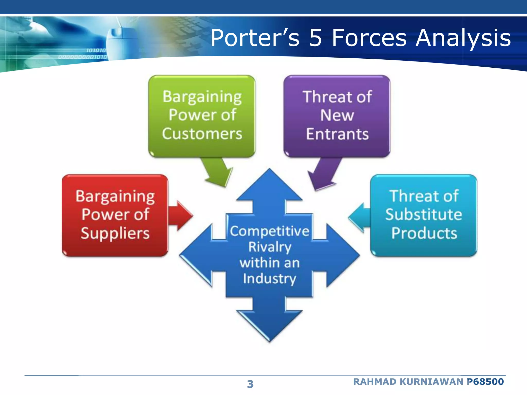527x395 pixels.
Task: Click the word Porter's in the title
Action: tap(255, 38)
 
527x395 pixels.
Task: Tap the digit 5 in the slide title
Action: tap(315, 38)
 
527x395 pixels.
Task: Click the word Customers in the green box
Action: tap(202, 134)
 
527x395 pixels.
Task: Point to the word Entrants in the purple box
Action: tap(337, 134)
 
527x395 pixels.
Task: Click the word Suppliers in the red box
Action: tap(115, 234)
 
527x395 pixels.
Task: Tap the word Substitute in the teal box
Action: tap(424, 214)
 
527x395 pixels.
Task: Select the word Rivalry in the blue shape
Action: tap(270, 247)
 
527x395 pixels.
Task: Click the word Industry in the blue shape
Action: tap(270, 279)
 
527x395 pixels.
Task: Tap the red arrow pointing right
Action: tap(181, 216)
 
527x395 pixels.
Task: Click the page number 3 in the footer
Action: tap(250, 384)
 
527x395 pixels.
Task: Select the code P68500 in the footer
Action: tap(485, 382)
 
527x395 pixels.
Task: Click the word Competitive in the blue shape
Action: tap(270, 231)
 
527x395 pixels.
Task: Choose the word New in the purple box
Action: tap(337, 115)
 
